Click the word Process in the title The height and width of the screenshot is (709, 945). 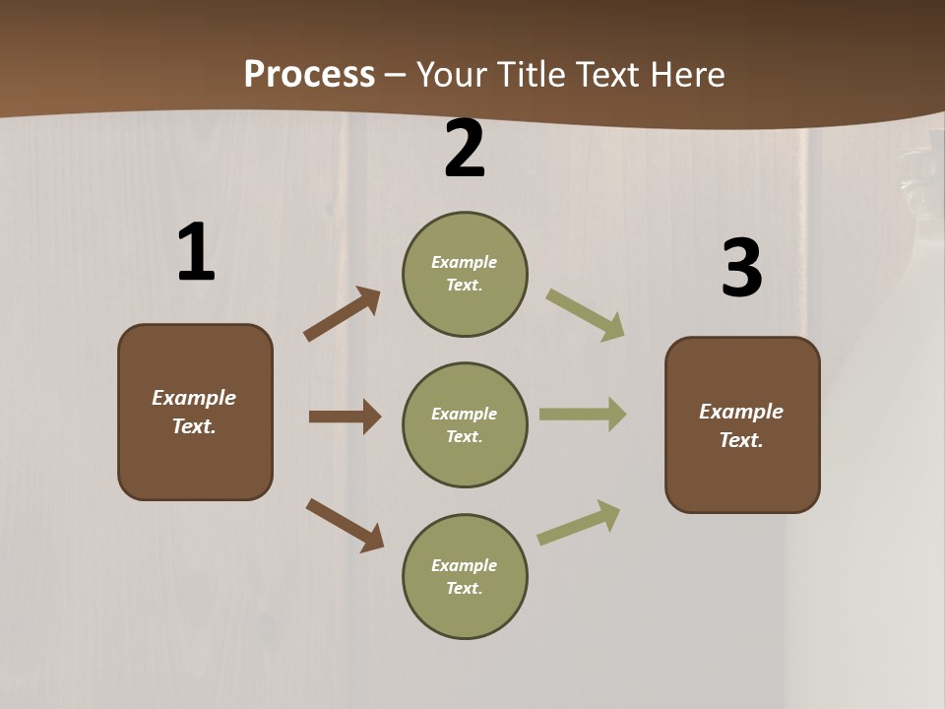click(x=309, y=74)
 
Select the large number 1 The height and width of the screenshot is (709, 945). click(x=196, y=253)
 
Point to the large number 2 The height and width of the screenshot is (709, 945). click(x=465, y=149)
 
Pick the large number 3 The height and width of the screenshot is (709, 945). click(x=741, y=268)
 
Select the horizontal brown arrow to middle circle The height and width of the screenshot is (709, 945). click(x=345, y=417)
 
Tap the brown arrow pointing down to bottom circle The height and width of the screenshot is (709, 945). click(x=345, y=524)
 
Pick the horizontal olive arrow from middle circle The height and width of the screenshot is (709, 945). click(x=583, y=415)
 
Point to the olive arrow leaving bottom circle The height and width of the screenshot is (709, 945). click(x=579, y=522)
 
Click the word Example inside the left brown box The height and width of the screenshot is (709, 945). click(x=194, y=398)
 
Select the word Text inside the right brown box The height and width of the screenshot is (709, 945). click(x=740, y=440)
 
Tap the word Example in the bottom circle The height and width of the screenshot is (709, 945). click(x=464, y=565)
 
